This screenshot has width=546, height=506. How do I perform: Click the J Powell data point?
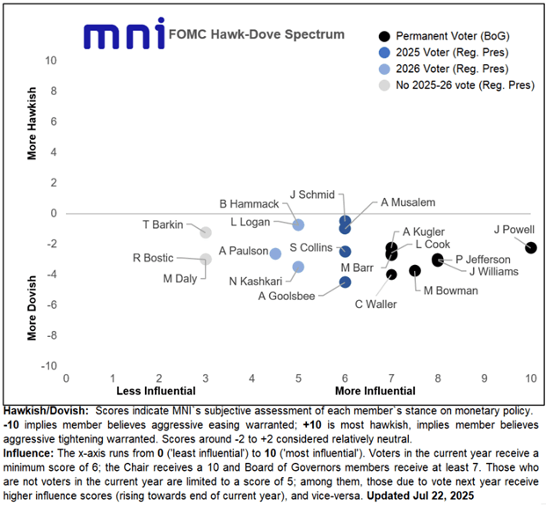click(530, 247)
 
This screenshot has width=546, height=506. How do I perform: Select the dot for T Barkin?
click(206, 232)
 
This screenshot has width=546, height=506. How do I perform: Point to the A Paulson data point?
click(275, 253)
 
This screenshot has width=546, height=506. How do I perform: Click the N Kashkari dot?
click(298, 267)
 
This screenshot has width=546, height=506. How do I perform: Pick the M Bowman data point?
click(415, 270)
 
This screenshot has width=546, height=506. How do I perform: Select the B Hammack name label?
click(253, 204)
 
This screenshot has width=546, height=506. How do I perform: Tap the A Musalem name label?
click(411, 202)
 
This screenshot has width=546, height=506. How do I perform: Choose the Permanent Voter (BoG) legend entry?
click(453, 36)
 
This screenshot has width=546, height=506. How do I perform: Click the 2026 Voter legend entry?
click(453, 69)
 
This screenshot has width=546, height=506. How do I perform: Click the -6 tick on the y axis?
click(52, 304)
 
